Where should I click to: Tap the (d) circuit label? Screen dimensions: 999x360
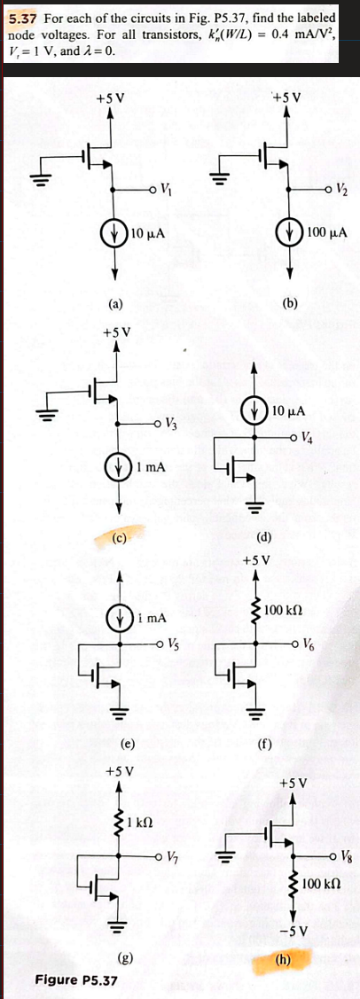[x=263, y=536]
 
